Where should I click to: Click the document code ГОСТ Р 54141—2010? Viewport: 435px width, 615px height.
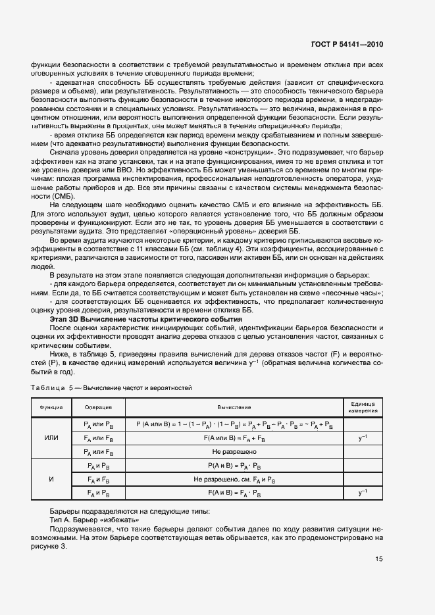347,45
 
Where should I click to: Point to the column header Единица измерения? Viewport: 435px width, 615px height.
363,407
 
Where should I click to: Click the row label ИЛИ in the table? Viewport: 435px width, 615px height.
51,437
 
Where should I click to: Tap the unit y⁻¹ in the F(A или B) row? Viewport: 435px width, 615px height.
363,437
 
